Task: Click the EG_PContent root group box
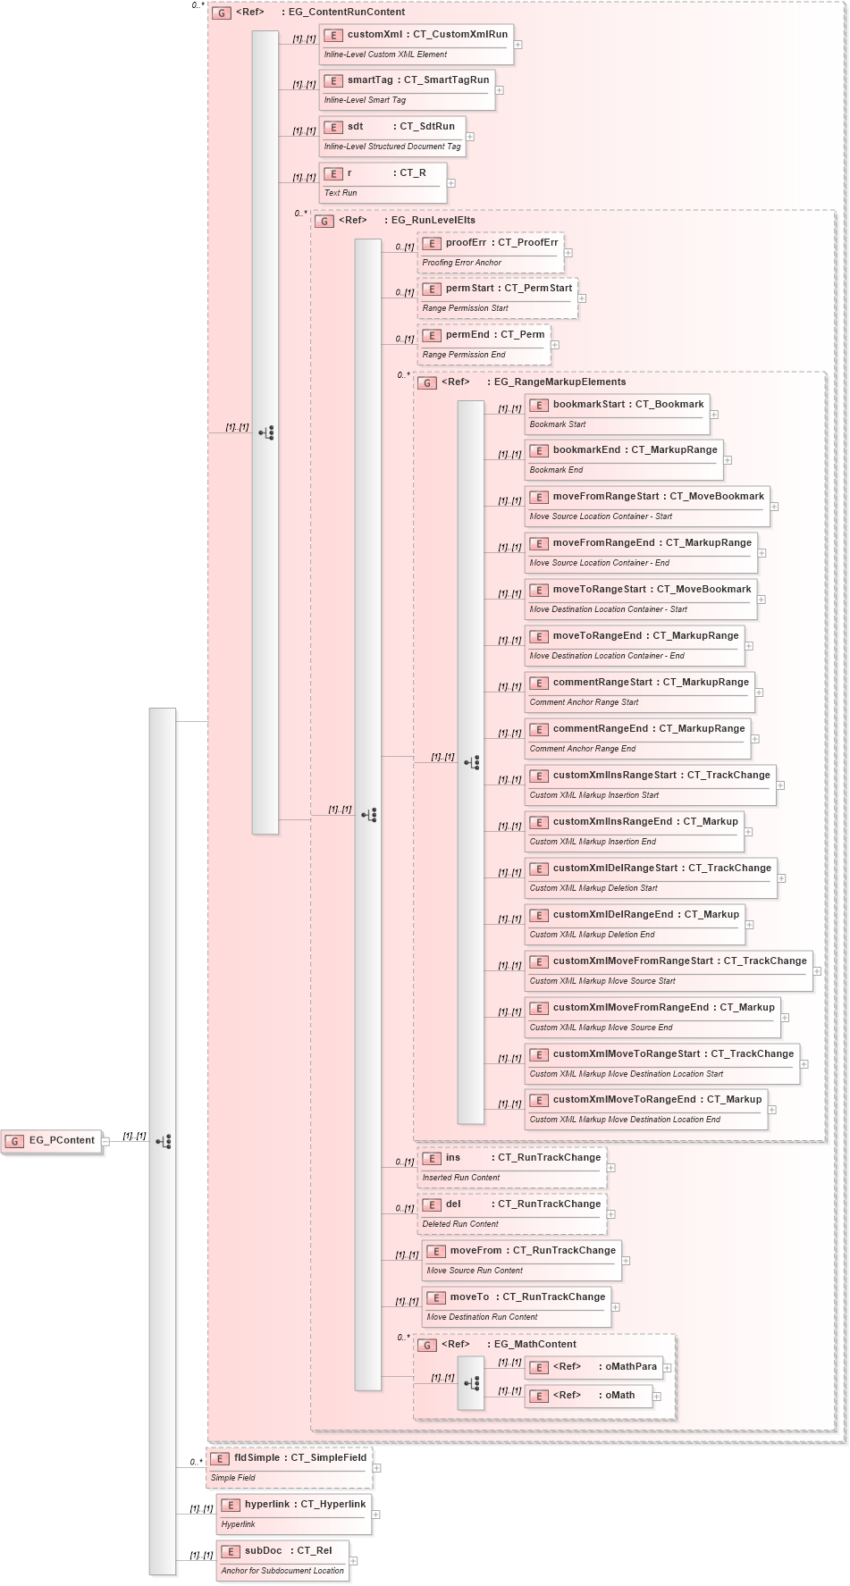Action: (52, 1141)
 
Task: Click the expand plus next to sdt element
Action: (470, 137)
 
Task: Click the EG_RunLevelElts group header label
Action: (433, 221)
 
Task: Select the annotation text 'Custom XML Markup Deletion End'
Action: (592, 935)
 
